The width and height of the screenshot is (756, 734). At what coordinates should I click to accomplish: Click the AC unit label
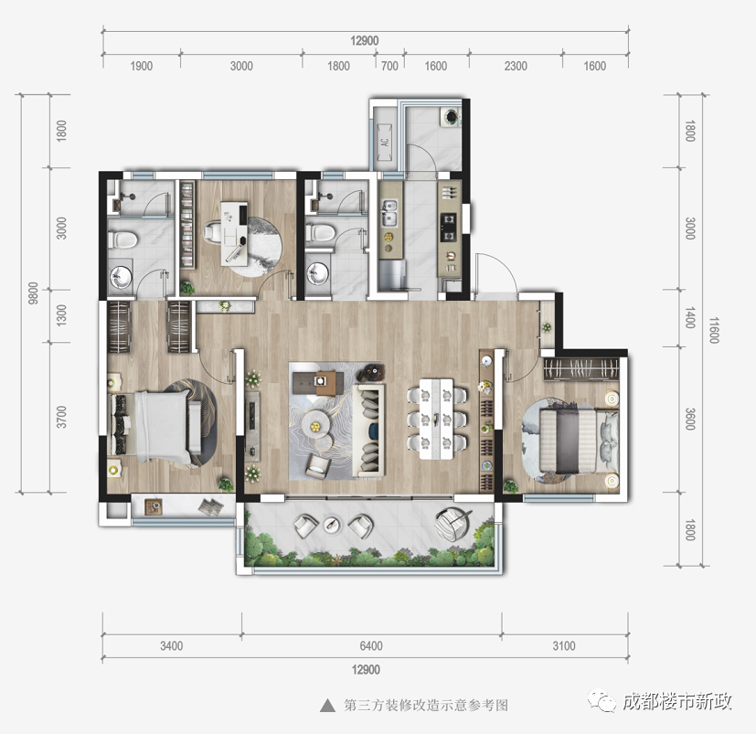(x=384, y=143)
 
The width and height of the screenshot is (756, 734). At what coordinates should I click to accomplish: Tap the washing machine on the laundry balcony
(x=452, y=117)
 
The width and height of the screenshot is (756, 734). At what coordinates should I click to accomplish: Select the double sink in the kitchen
(x=389, y=213)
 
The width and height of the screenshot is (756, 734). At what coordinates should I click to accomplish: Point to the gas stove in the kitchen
(x=449, y=228)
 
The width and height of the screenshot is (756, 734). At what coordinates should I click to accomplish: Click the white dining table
(x=436, y=419)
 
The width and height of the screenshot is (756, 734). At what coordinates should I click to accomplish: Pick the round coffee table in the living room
(x=314, y=424)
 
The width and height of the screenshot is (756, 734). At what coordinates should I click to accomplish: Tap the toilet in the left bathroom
(x=122, y=239)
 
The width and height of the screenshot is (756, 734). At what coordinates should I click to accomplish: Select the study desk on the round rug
(x=234, y=234)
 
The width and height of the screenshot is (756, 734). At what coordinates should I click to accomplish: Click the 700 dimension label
(x=389, y=66)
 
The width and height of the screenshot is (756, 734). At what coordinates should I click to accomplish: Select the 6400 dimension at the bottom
(x=371, y=645)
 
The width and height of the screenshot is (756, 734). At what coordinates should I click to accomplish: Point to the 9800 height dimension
(x=33, y=293)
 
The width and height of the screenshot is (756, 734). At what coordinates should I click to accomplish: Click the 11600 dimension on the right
(x=714, y=330)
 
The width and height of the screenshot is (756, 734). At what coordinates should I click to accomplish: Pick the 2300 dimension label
(x=516, y=66)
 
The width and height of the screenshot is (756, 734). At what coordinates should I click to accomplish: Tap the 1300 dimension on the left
(x=62, y=315)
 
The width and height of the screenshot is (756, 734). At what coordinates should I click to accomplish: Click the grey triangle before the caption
(x=328, y=706)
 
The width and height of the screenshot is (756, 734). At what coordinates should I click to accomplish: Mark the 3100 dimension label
(x=564, y=645)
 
